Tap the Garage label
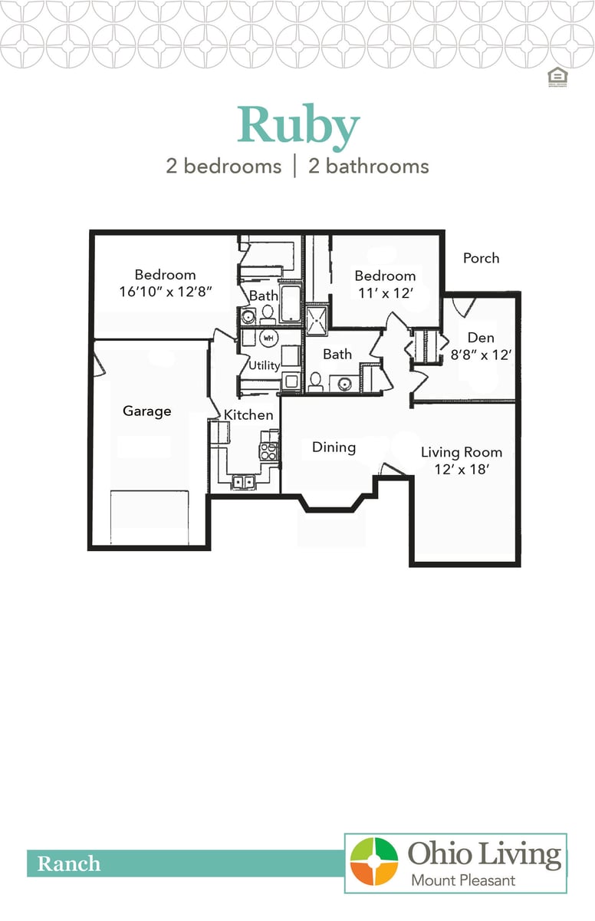point(146,411)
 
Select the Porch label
point(481,258)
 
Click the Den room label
point(481,338)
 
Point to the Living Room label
point(461,452)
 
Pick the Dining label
point(334,447)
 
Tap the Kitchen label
point(248,415)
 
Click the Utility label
point(264,365)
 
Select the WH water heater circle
point(268,338)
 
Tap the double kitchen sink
point(245,482)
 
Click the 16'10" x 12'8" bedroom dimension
point(165,292)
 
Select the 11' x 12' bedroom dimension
point(385,292)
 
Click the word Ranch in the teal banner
point(69,864)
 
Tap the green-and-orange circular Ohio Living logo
point(374,862)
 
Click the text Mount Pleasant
point(462,880)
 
